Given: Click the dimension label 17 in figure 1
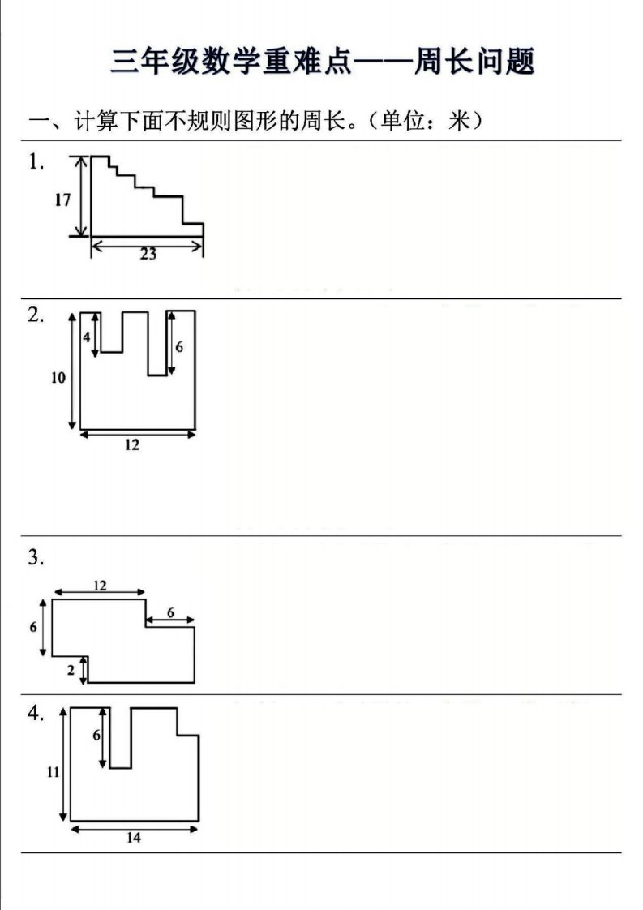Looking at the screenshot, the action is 62,200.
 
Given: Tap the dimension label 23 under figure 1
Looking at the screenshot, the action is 148,254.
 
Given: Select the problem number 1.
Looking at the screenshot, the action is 36,162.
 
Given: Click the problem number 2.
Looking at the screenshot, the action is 36,315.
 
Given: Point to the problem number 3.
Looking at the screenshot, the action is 36,558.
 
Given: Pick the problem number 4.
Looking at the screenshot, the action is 36,713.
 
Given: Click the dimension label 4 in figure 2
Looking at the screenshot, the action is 87,337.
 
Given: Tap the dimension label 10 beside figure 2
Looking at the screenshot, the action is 58,378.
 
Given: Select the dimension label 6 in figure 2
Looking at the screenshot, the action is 179,346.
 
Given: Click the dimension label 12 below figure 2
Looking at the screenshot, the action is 131,444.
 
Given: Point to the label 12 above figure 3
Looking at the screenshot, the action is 100,585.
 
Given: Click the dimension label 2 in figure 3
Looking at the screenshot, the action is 71,670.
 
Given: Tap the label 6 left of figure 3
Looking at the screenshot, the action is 33,627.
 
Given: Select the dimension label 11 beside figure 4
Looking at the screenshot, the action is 53,772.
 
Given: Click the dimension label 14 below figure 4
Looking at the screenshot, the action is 134,838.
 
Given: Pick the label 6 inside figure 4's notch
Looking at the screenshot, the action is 96,736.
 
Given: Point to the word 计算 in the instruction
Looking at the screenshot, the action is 95,122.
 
